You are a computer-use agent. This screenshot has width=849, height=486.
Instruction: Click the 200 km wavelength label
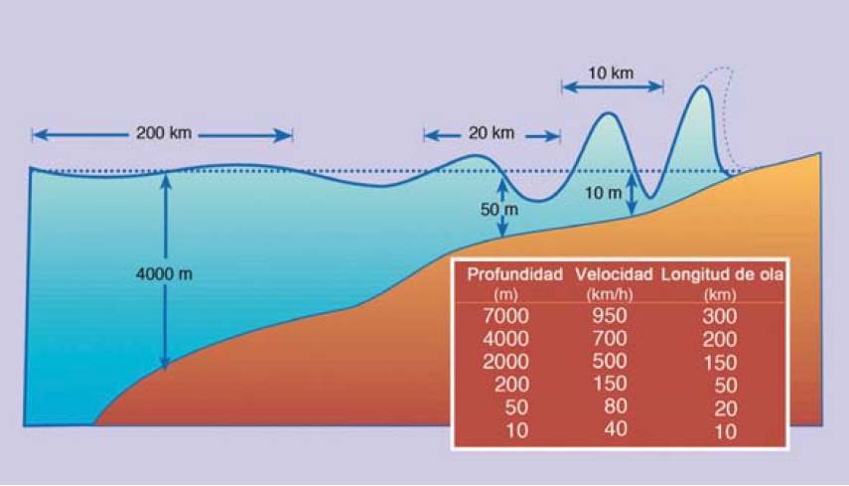[164, 133]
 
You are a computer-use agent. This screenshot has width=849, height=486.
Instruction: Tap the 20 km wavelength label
[491, 132]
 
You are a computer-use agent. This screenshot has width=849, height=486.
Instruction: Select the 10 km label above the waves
[611, 73]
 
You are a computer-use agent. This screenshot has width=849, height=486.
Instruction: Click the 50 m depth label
[499, 210]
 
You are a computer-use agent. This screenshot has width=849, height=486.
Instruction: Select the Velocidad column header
[613, 274]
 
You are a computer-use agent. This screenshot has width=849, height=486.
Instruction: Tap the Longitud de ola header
[722, 274]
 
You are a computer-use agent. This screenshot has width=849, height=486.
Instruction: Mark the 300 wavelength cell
[719, 317]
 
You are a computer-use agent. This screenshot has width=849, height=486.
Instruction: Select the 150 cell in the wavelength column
[719, 363]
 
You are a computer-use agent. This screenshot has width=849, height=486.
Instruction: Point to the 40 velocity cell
[616, 429]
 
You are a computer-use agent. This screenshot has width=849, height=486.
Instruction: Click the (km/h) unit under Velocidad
[613, 294]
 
